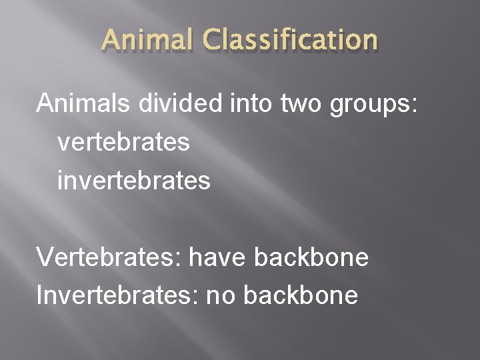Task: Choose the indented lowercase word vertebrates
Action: point(124,143)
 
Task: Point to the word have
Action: point(212,257)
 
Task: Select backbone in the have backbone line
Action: point(312,257)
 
